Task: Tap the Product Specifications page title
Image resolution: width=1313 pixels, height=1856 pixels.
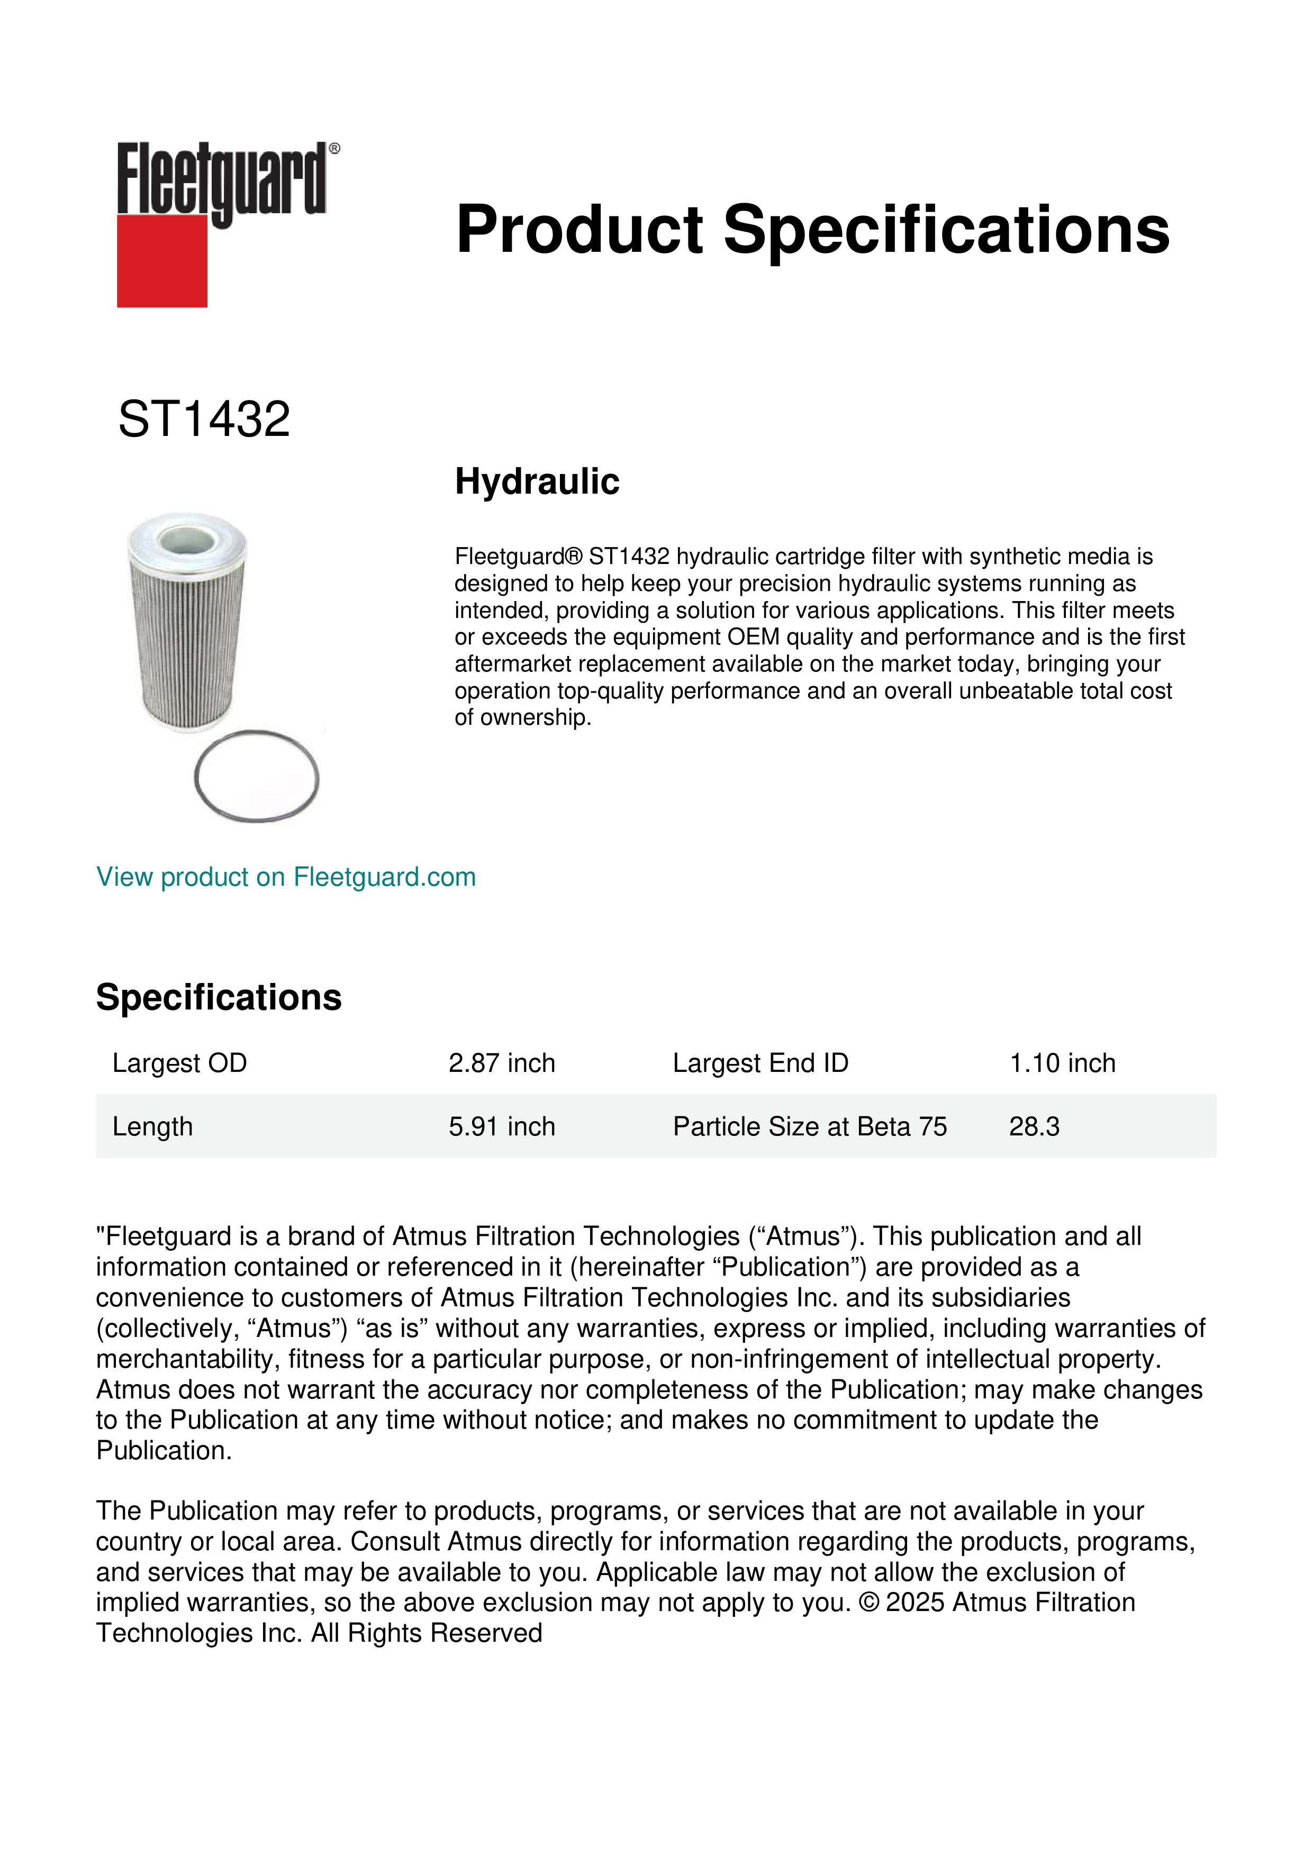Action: click(x=812, y=230)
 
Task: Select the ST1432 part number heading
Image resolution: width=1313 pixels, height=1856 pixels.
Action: click(x=204, y=420)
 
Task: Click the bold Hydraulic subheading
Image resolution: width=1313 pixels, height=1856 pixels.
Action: click(x=537, y=482)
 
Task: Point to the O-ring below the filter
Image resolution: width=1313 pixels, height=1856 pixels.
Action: click(x=257, y=777)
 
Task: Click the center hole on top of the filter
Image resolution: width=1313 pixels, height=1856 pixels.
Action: click(x=186, y=539)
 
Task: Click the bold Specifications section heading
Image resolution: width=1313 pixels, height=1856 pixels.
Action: click(x=218, y=997)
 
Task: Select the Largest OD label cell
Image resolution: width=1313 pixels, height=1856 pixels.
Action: click(x=179, y=1063)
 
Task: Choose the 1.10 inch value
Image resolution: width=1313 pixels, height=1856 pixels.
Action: click(x=1062, y=1063)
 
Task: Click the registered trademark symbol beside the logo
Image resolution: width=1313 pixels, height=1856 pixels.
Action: click(x=334, y=149)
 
